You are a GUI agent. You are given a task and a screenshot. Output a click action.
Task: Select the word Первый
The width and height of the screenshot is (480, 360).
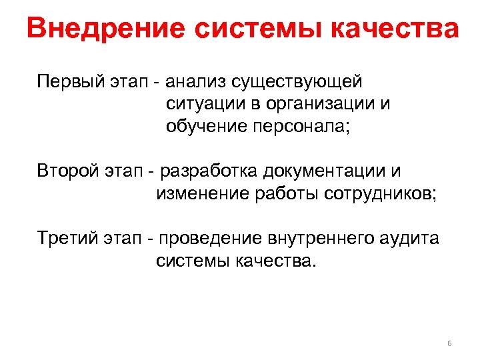click(66, 83)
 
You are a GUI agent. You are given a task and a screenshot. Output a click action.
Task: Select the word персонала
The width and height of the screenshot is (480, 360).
click(301, 127)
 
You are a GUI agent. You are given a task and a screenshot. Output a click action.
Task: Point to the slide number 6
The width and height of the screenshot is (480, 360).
click(449, 343)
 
